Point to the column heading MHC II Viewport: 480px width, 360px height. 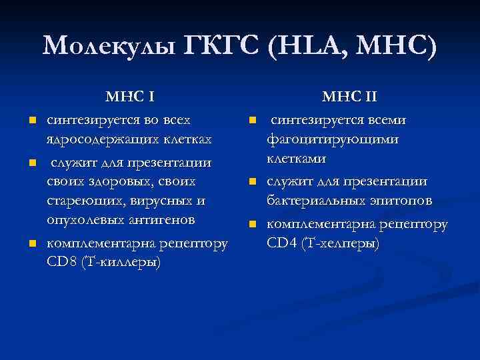350,97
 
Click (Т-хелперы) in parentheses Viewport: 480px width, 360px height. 341,243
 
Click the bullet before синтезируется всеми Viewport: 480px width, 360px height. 253,121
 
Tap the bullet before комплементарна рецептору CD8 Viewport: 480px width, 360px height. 31,243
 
